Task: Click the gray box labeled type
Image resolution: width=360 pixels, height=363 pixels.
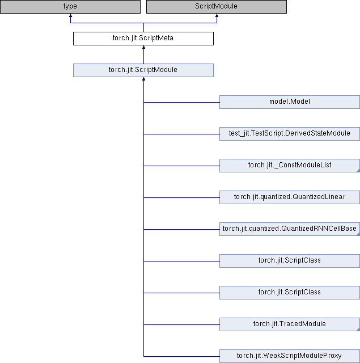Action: pyautogui.click(x=70, y=7)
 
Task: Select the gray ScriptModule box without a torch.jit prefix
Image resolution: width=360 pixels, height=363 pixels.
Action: pyautogui.click(x=216, y=7)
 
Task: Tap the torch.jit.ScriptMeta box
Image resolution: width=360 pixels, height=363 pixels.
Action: pyautogui.click(x=143, y=39)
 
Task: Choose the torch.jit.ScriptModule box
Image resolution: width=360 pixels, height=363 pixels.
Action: pyautogui.click(x=143, y=70)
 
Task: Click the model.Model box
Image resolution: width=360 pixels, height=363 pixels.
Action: pyautogui.click(x=289, y=102)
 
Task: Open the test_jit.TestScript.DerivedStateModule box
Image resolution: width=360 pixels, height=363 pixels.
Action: pyautogui.click(x=289, y=133)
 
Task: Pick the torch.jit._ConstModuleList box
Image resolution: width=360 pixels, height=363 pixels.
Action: pyautogui.click(x=289, y=165)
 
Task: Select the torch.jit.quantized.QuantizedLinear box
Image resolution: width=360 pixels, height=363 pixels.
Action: pyautogui.click(x=289, y=197)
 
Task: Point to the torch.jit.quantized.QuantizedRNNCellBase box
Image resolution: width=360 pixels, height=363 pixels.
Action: pyautogui.click(x=289, y=229)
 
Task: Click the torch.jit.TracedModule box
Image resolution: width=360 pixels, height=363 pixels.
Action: pyautogui.click(x=289, y=324)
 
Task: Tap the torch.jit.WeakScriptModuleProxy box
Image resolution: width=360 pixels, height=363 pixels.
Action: pyautogui.click(x=289, y=356)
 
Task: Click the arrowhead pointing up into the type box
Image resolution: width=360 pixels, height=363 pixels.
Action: pyautogui.click(x=70, y=16)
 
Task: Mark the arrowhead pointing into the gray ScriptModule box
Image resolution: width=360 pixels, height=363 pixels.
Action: pyautogui.click(x=217, y=16)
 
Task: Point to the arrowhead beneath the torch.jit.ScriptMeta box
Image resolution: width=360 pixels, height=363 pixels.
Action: pyautogui.click(x=143, y=48)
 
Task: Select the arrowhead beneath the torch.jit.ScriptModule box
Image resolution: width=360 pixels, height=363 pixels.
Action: pyautogui.click(x=143, y=80)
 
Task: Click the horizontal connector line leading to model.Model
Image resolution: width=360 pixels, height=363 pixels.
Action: pyautogui.click(x=181, y=102)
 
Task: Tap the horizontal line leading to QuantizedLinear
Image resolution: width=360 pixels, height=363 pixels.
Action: pyautogui.click(x=181, y=197)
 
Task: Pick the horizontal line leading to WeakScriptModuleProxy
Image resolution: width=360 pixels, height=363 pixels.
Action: pyautogui.click(x=181, y=356)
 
